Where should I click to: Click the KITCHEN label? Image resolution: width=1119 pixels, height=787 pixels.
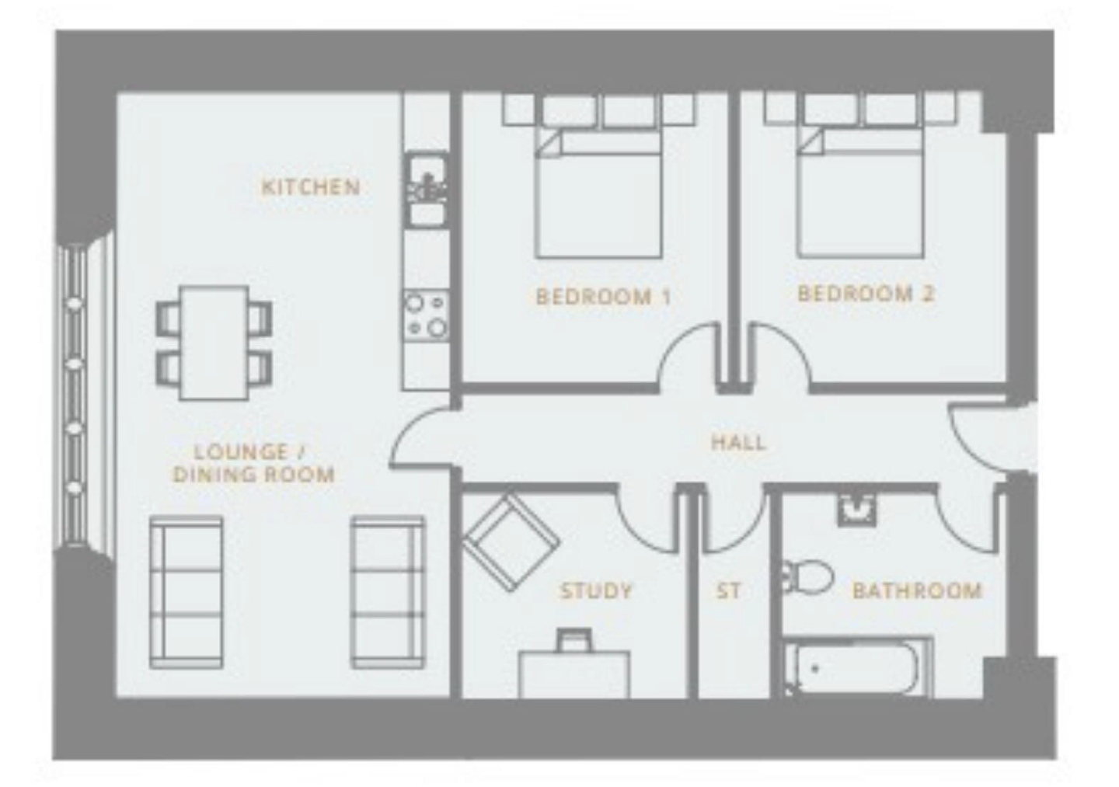coord(311,187)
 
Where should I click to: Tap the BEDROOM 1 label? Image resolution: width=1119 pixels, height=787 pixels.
coord(603,297)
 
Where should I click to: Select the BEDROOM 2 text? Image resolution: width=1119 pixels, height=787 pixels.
coord(866,294)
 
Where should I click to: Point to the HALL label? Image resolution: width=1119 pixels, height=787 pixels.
coord(738,442)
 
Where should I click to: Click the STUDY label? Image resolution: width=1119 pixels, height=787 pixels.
coord(596,590)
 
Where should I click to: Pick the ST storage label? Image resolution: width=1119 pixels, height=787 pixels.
coord(728,591)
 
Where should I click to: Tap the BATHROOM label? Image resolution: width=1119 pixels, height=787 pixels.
coord(917,590)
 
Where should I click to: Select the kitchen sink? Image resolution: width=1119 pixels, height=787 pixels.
coord(426,190)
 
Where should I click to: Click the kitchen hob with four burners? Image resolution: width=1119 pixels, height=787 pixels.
coord(426,315)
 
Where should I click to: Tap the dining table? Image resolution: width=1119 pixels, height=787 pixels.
coord(214,343)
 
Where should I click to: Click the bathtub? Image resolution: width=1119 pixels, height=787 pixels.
coord(857,667)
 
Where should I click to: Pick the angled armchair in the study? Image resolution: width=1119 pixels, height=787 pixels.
coord(511,543)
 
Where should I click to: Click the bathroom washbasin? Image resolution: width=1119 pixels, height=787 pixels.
coord(856,510)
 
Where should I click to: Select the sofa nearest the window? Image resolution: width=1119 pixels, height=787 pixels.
coord(186,592)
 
